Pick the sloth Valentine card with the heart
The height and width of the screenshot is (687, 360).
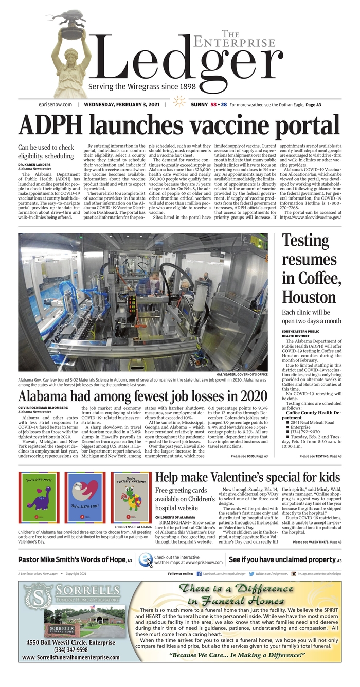pos(85,497)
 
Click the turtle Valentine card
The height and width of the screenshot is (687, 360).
pos(131,497)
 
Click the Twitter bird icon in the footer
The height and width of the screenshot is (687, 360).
pos(251,573)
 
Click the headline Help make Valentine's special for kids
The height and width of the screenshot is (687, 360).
pos(247,477)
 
